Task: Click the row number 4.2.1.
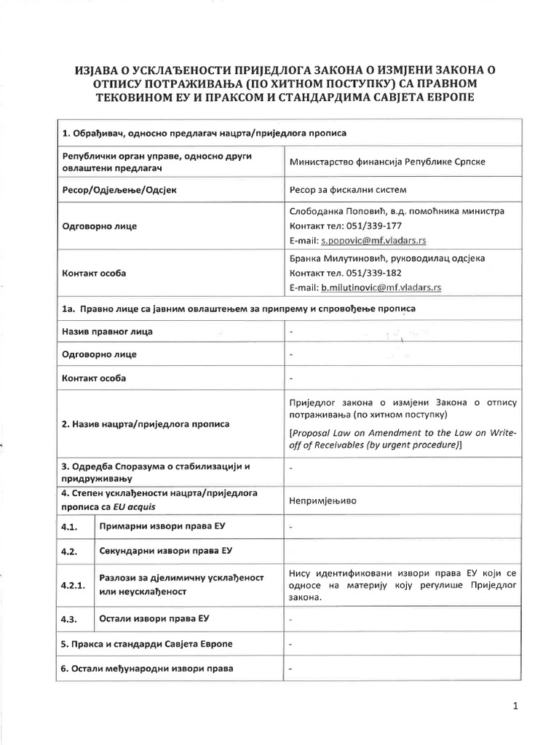click(75, 583)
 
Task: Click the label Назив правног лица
click(107, 332)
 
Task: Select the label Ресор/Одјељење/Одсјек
click(119, 189)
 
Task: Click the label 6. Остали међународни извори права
click(148, 668)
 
